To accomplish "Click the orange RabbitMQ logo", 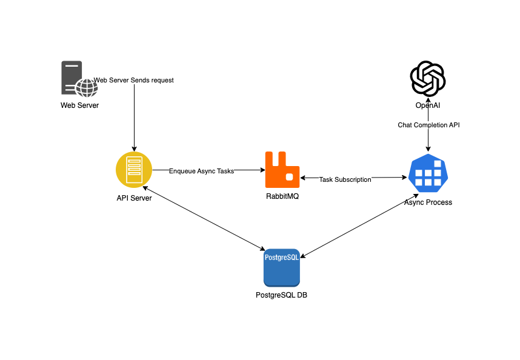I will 282,170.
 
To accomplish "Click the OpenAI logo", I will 428,79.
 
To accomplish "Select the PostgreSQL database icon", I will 282,267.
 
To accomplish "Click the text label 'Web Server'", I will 79,105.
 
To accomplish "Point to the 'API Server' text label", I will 134,198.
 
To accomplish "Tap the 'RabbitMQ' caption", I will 282,197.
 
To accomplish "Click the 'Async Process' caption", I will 428,202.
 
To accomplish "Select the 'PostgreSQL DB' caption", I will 282,295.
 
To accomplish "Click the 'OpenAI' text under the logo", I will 428,105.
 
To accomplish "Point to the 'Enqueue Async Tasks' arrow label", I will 201,171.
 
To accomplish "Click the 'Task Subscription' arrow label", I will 345,179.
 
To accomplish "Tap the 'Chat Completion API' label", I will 428,125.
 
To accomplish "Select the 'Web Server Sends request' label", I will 134,81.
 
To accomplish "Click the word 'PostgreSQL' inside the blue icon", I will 282,257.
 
